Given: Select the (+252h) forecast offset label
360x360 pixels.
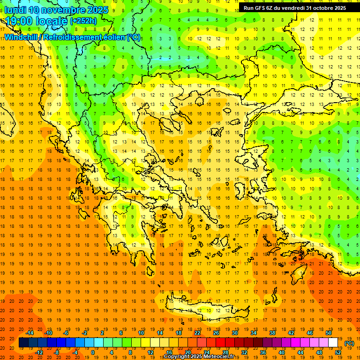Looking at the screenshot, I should click(83, 21).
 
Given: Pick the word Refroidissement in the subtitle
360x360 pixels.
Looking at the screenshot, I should click(72, 37).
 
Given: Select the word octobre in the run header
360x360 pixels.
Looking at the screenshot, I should click(320, 8).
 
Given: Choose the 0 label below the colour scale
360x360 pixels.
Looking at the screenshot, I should click(93, 352).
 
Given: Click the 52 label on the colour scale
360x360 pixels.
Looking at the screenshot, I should click(338, 352).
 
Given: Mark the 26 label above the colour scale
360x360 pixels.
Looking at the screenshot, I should click(216, 333).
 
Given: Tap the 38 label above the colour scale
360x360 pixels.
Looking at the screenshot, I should click(272, 333).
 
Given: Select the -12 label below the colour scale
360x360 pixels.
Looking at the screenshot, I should click(39, 352).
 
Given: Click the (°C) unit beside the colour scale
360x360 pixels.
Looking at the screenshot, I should click(349, 343).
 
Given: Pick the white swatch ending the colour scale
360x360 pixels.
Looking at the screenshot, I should click(333, 343).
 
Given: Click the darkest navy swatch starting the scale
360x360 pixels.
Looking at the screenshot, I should click(23, 343).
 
